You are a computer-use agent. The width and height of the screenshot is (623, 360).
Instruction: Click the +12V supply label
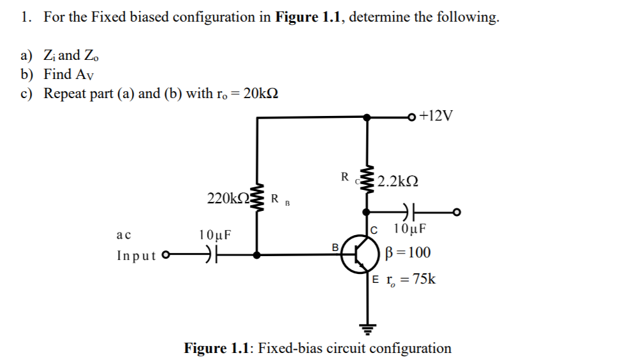(437, 117)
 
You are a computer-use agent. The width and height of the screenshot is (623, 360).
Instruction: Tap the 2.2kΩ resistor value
(397, 182)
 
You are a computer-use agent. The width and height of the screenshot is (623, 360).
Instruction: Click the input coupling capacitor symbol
(209, 255)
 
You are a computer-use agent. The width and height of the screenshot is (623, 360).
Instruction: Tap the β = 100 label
(408, 253)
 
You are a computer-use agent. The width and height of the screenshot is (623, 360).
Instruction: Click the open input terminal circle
(167, 256)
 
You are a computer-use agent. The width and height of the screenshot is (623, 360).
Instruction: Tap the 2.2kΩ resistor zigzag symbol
(367, 181)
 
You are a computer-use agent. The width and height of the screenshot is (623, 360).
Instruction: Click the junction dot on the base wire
(257, 255)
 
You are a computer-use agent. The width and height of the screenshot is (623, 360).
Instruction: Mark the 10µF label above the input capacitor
(216, 234)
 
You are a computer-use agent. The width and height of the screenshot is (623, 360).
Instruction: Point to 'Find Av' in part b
(70, 74)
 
